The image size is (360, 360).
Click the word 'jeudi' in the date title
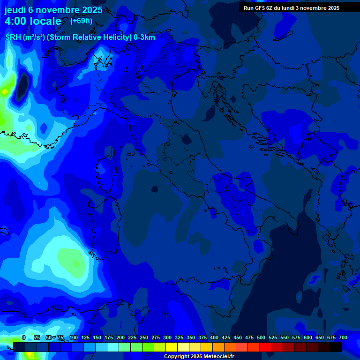pyautogui.click(x=15, y=10)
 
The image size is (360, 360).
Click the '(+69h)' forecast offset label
pyautogui.click(x=81, y=21)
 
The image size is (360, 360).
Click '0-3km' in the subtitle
pyautogui.click(x=144, y=37)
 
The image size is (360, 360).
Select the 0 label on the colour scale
pyautogui.click(x=24, y=337)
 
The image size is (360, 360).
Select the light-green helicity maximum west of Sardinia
pyautogui.click(x=70, y=258)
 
